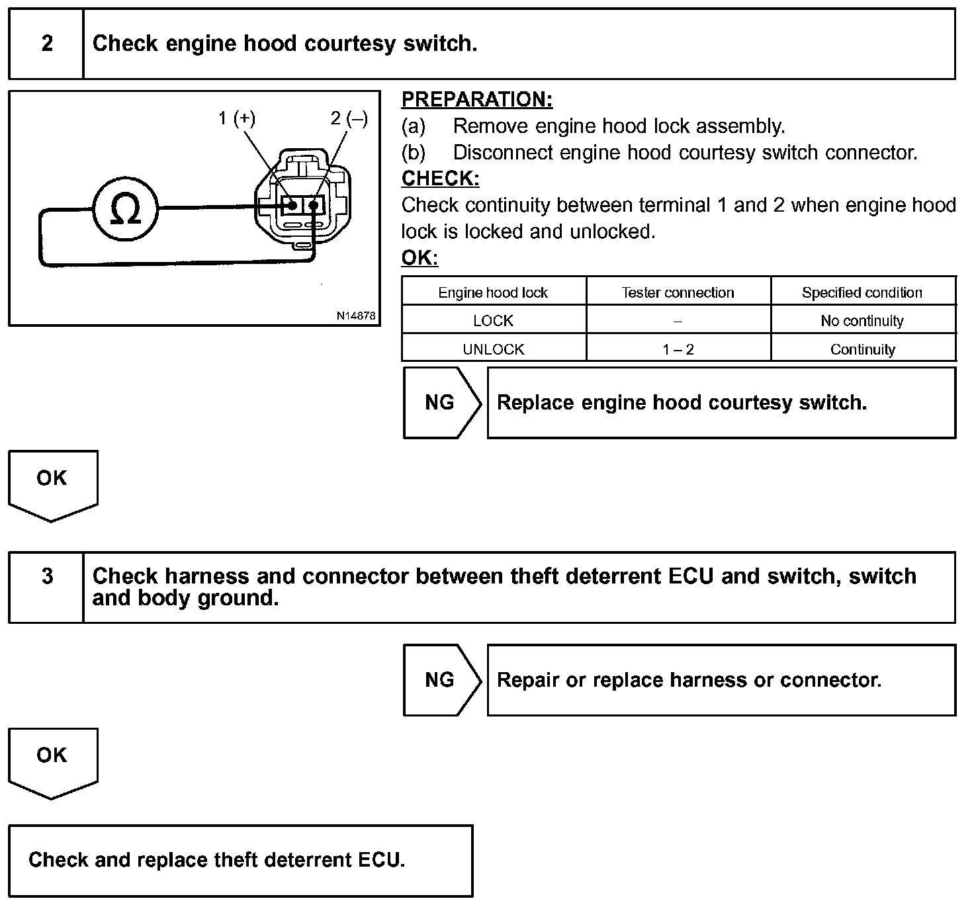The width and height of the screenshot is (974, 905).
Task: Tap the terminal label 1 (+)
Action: click(x=237, y=118)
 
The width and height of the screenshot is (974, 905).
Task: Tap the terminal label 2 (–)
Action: click(x=349, y=118)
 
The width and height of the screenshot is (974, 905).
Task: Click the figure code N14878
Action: click(x=356, y=316)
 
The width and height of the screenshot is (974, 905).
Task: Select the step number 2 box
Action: click(x=46, y=44)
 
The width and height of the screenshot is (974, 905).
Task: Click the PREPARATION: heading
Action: click(x=476, y=100)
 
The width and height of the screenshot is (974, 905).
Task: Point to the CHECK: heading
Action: click(x=440, y=179)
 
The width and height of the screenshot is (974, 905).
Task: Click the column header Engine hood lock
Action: click(x=493, y=292)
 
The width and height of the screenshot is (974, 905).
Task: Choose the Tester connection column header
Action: click(x=678, y=292)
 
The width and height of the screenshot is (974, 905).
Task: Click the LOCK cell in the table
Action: click(x=493, y=321)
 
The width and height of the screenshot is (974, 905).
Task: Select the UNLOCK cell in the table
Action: click(x=493, y=349)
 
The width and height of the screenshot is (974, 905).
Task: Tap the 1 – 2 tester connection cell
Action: click(x=678, y=349)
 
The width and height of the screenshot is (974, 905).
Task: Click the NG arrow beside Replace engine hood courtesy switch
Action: click(x=440, y=402)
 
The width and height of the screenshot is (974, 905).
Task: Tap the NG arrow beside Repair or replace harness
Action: click(x=440, y=679)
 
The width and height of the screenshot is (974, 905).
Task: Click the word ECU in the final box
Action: click(x=380, y=860)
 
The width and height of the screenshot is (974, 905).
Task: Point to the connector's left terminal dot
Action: click(x=292, y=206)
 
